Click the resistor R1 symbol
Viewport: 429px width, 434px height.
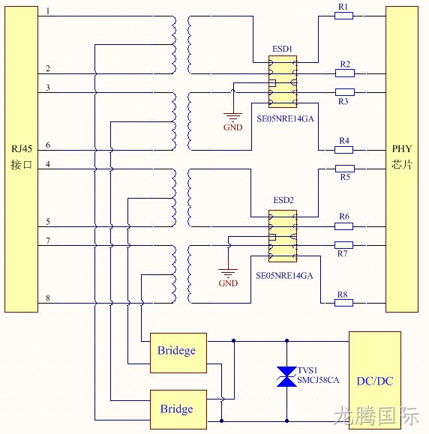click(343, 16)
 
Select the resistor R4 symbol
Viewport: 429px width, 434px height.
click(343, 150)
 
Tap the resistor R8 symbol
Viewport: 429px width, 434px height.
click(343, 303)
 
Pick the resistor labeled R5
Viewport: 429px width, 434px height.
click(345, 169)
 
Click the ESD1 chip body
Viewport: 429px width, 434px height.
click(283, 82)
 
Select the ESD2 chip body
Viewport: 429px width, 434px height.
click(283, 236)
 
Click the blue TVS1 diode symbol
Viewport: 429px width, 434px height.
click(286, 376)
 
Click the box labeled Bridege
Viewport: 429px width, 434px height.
click(178, 353)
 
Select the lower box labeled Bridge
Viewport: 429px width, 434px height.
click(178, 410)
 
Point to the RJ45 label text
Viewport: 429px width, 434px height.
click(22, 149)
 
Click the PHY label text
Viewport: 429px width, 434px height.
click(402, 149)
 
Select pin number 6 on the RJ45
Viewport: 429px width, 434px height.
click(48, 145)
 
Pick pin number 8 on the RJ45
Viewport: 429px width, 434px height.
click(48, 298)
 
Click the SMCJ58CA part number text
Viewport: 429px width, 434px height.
click(318, 380)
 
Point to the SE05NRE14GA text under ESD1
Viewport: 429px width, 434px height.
click(285, 118)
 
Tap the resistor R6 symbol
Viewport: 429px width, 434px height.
click(343, 226)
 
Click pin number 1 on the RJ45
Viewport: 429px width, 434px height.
click(48, 11)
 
